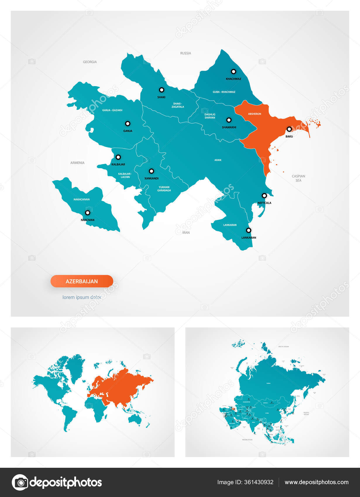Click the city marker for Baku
coord(289,129)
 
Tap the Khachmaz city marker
coord(233,71)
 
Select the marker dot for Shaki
coord(161,90)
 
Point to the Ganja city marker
coord(128,124)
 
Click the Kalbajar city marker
coord(118,157)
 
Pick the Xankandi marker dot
coord(151,171)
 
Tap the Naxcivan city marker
coord(87,213)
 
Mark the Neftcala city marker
coord(264,196)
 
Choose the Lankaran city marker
coord(249,230)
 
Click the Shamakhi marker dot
coord(229,120)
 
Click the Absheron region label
coord(254,114)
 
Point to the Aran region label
coord(218,160)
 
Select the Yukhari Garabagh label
coord(164,189)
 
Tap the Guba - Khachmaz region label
coord(224,92)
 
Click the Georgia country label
coord(90,62)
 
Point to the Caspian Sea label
coord(298,178)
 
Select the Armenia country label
coord(77,163)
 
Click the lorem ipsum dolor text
coord(82,297)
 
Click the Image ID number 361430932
coord(259,482)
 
